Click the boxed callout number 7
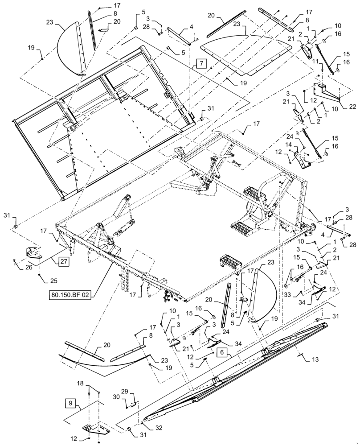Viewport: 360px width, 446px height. [x=200, y=64]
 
